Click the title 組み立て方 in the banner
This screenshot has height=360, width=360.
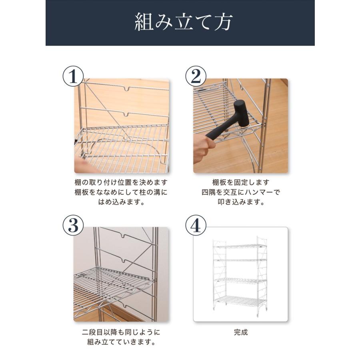pyautogui.click(x=183, y=23)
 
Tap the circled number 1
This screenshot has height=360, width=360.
pyautogui.click(x=73, y=76)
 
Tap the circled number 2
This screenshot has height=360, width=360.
pyautogui.click(x=196, y=76)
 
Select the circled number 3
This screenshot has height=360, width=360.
pyautogui.click(x=73, y=226)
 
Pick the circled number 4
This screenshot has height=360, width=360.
pyautogui.click(x=196, y=226)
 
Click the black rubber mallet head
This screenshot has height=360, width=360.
pyautogui.click(x=241, y=113)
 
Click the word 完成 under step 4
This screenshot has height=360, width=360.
pyautogui.click(x=241, y=332)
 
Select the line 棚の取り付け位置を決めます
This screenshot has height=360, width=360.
pyautogui.click(x=121, y=182)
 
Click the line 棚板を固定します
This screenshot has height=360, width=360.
pyautogui.click(x=241, y=182)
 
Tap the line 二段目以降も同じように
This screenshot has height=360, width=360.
pyautogui.click(x=121, y=332)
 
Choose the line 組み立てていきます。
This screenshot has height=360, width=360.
pyautogui.click(x=121, y=342)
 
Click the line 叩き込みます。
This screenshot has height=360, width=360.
pyautogui.click(x=241, y=202)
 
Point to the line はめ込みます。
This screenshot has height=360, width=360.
pyautogui.click(x=121, y=202)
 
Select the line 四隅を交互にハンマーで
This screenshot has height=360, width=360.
pyautogui.click(x=241, y=192)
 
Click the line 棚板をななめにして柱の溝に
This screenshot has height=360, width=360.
pyautogui.click(x=121, y=192)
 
